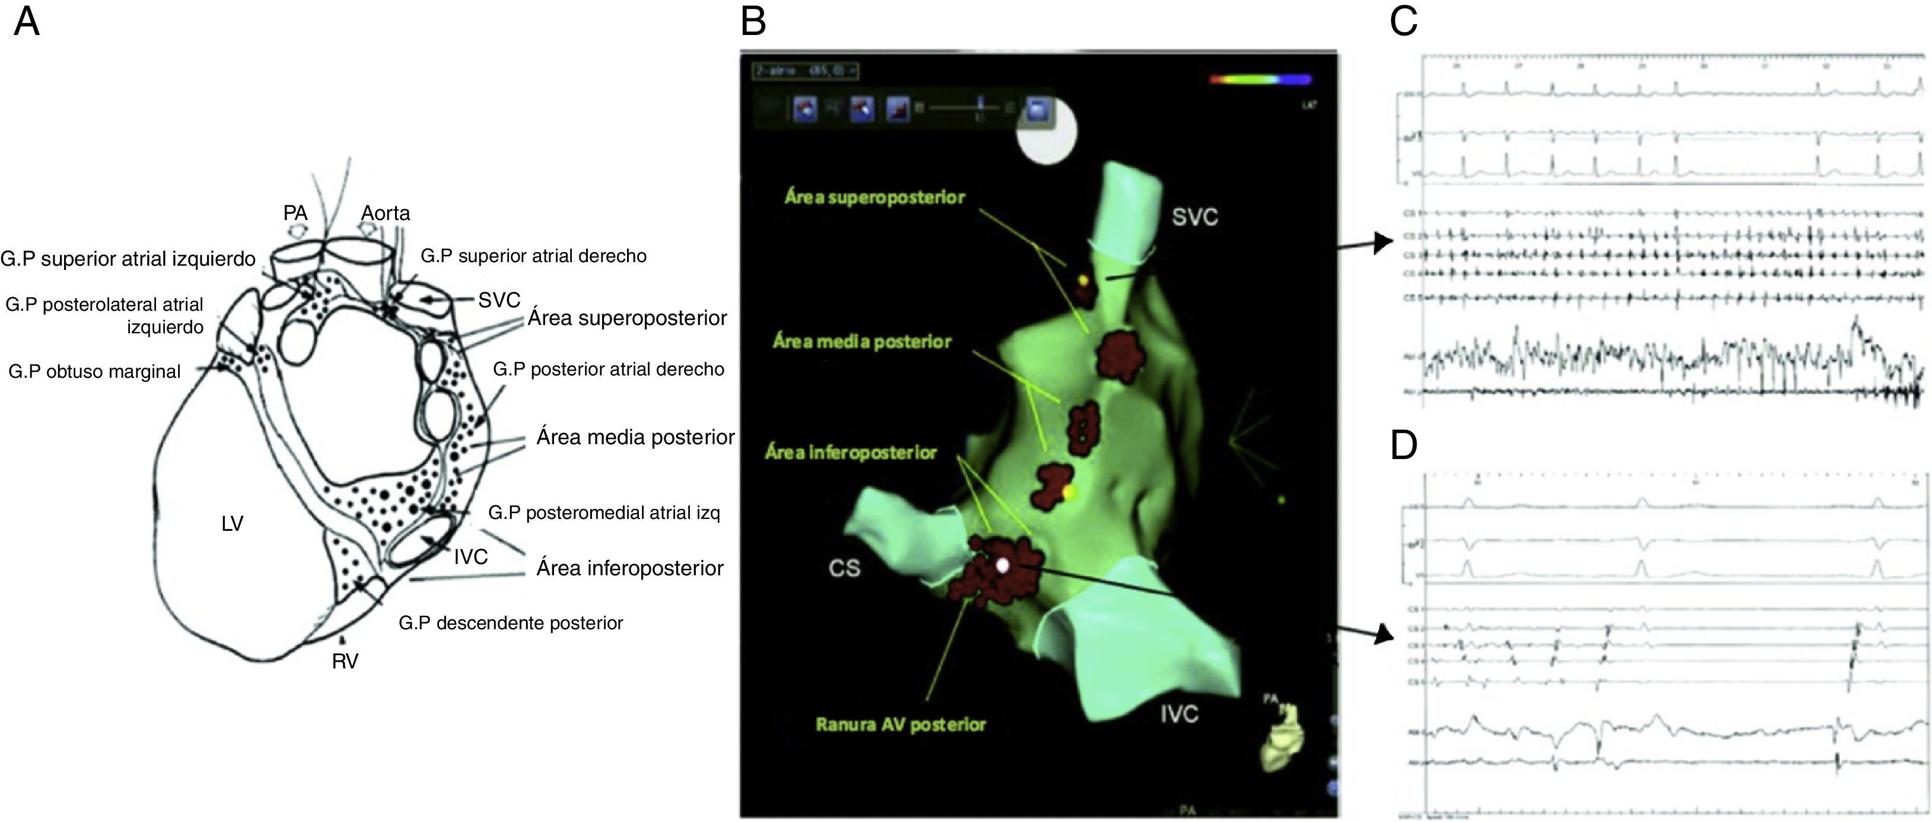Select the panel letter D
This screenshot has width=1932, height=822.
click(1403, 445)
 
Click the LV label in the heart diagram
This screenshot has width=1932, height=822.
click(233, 524)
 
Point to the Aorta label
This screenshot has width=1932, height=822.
click(386, 213)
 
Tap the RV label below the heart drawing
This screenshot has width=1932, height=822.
click(345, 661)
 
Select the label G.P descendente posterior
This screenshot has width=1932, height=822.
click(511, 623)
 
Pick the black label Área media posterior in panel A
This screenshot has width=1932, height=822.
click(635, 437)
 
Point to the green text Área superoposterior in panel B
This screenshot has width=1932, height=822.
click(874, 197)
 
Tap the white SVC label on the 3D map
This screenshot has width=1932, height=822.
click(1195, 218)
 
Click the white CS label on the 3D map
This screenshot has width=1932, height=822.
click(845, 569)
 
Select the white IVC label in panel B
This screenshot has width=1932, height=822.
click(1179, 714)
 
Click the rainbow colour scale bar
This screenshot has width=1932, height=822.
click(1260, 79)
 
